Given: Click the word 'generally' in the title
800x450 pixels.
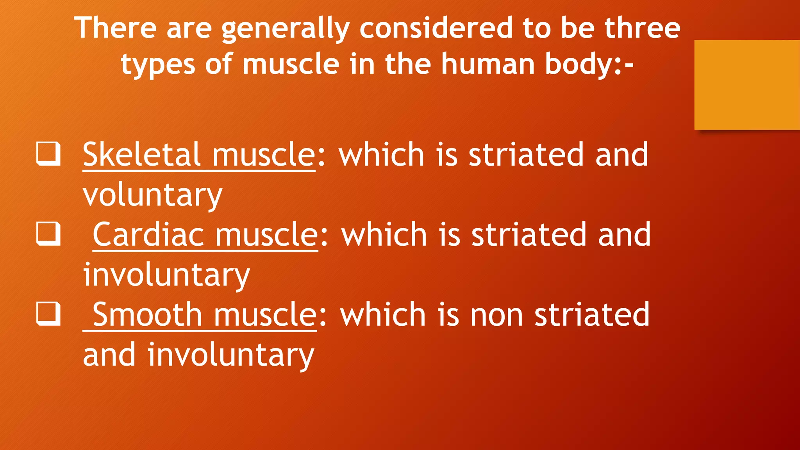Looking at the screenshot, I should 286,29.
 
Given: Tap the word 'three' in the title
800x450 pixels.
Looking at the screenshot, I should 642,28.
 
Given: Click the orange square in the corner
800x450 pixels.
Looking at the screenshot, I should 747,84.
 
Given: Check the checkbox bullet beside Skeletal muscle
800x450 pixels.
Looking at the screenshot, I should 48,154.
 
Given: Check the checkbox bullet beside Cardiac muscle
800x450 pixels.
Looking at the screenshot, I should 48,234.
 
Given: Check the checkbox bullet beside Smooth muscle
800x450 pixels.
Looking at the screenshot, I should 48,314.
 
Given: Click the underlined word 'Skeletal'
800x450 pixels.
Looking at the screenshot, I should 142,155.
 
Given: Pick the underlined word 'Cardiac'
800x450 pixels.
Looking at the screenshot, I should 148,234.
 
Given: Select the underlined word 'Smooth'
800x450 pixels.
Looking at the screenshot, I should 147,314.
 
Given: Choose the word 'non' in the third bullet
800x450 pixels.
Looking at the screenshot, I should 496,314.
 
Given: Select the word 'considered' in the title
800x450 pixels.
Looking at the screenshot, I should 436,28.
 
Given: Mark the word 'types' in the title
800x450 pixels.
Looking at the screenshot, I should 158,64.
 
